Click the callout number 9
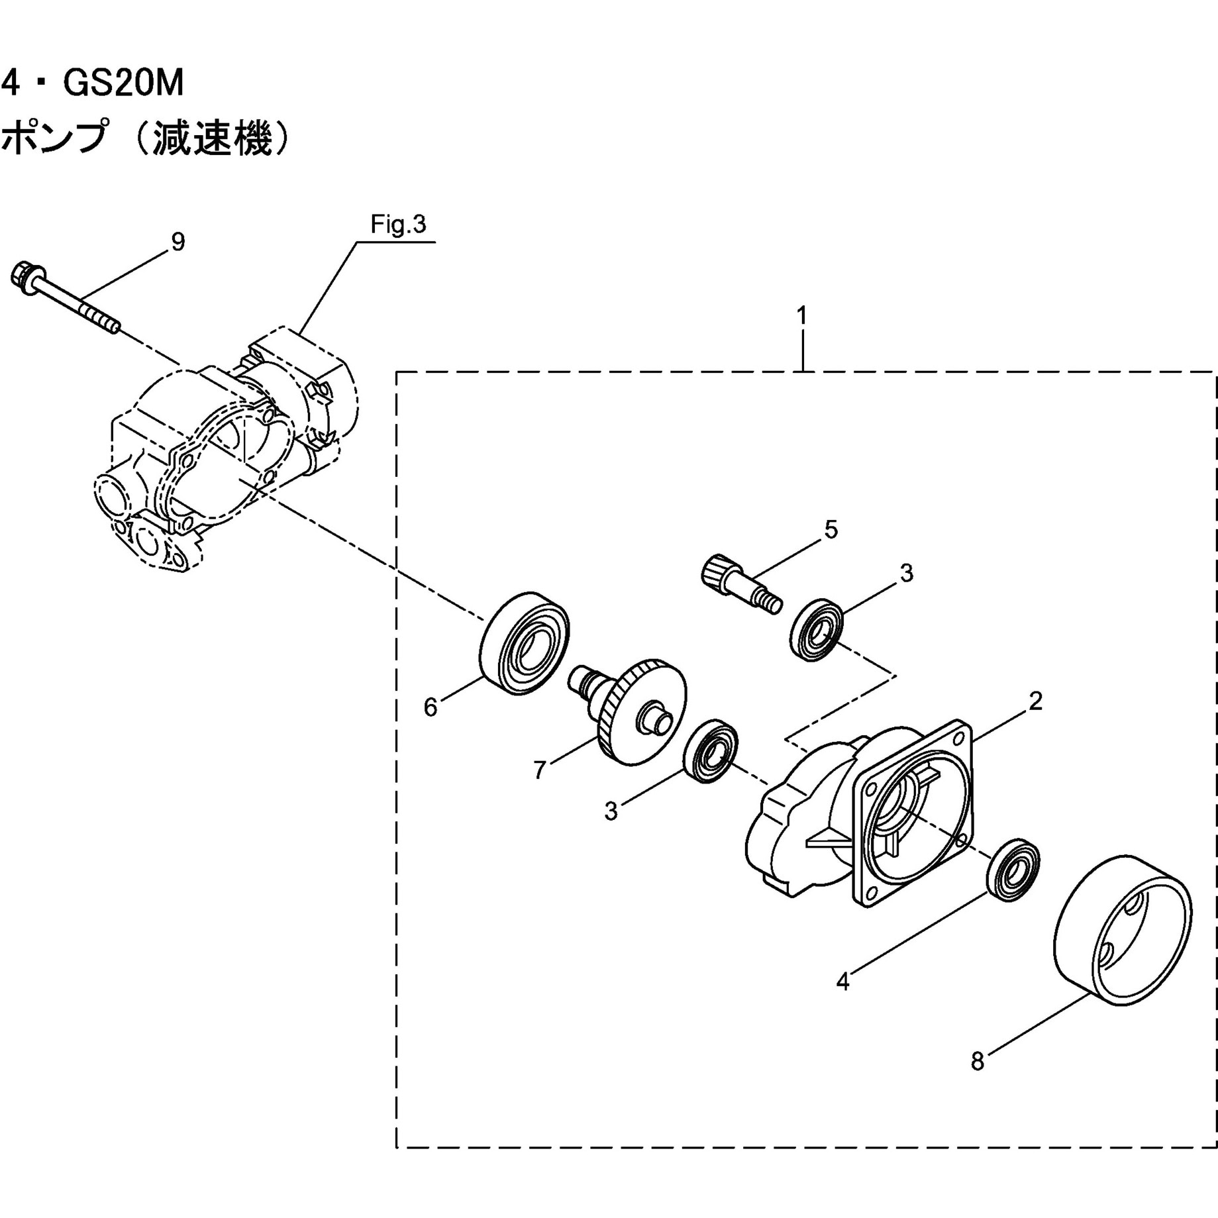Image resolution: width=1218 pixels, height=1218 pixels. pos(178,242)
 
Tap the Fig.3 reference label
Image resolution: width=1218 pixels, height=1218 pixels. pos(397,225)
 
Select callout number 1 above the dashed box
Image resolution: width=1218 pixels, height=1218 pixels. pos(802,316)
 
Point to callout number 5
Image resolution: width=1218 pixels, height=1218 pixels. pos(831,530)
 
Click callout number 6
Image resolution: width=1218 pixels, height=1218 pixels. pos(431,707)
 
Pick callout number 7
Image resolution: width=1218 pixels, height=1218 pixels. pos(540,770)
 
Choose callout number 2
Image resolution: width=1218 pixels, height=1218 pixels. pos(1036,701)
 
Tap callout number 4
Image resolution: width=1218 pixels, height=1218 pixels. pos(842,982)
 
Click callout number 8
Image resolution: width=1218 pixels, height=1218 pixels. pos(978,1062)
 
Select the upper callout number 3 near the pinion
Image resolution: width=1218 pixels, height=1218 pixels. pos(907,573)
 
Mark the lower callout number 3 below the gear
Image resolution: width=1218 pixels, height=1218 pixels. pos(611,811)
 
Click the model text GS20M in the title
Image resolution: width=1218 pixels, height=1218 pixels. pos(123,84)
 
